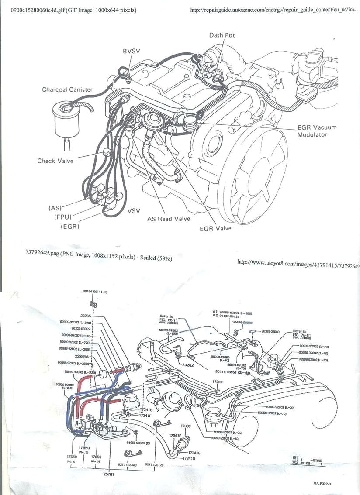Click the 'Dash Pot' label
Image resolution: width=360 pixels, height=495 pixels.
click(x=222, y=35)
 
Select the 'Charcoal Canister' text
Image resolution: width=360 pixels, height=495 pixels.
click(x=67, y=89)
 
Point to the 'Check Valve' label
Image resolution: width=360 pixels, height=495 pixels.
click(x=55, y=161)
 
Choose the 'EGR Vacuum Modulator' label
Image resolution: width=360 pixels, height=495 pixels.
click(x=317, y=131)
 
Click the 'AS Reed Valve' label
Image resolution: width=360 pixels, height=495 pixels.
click(x=168, y=218)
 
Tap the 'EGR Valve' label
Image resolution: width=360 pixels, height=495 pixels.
click(x=215, y=228)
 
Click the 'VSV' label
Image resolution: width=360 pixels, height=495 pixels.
click(x=134, y=211)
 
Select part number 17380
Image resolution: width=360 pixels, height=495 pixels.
click(x=218, y=382)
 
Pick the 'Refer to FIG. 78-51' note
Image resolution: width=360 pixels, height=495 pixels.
click(x=300, y=334)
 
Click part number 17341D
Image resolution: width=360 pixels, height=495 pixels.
click(x=189, y=458)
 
